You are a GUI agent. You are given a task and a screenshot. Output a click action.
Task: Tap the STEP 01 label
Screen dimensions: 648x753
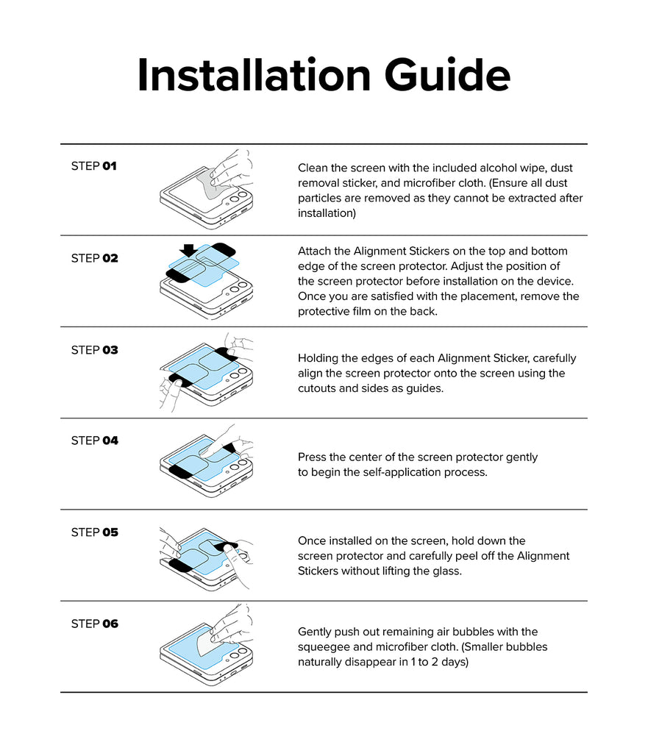coord(93,166)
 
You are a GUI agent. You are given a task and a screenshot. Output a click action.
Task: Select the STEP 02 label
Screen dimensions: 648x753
coord(94,258)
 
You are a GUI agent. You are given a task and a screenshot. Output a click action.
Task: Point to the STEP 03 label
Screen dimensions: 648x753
coord(94,350)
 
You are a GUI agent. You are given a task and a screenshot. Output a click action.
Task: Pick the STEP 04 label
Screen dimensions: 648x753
coord(94,440)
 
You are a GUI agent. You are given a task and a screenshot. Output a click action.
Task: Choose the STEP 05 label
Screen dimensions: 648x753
coord(94,532)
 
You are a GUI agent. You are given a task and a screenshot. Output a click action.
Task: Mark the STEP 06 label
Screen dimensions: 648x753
coord(94,624)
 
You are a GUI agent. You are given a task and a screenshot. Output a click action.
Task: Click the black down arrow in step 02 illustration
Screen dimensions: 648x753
coord(188,250)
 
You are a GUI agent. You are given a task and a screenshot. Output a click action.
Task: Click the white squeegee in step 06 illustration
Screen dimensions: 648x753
coord(206,643)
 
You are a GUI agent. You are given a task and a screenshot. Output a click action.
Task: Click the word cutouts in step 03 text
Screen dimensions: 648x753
coord(316,388)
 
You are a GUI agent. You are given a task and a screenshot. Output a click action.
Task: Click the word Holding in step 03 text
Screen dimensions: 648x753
coord(316,358)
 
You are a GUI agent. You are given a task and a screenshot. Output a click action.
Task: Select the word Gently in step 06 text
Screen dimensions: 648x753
coord(314,632)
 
